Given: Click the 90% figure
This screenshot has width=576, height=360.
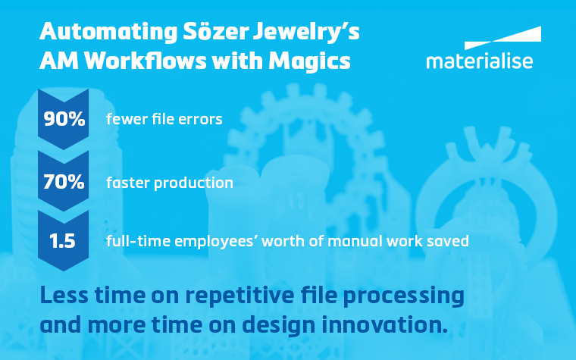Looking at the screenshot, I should tap(64, 119).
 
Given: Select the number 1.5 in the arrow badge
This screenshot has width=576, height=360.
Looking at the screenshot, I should tap(64, 242).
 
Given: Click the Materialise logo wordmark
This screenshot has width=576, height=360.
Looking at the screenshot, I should tap(479, 61).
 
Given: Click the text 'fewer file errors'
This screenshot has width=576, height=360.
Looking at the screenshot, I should tap(164, 119).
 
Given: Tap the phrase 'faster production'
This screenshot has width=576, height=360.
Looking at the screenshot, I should tap(169, 183).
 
